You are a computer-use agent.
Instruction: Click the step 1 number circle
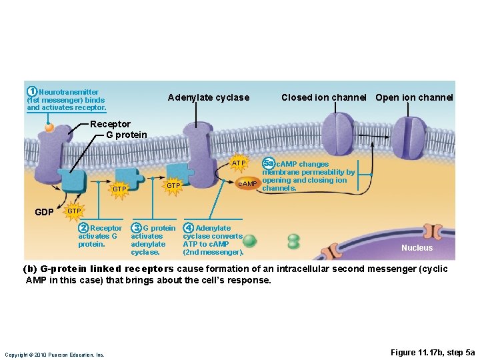(x=31, y=91)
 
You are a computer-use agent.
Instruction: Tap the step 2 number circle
(x=83, y=228)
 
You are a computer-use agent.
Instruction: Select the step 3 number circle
(x=136, y=228)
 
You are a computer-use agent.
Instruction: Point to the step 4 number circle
(x=189, y=228)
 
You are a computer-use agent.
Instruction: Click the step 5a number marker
(x=268, y=163)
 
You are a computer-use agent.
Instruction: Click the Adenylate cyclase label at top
(x=208, y=97)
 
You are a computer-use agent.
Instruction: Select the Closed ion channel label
(x=323, y=97)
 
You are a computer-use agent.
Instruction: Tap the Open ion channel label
(x=414, y=97)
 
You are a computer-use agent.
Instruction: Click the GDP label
(x=44, y=212)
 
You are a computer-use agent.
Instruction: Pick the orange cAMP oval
(x=247, y=183)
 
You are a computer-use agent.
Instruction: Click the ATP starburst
(x=239, y=163)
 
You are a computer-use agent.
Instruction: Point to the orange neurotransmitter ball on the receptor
(x=49, y=127)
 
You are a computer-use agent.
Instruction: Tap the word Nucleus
(x=417, y=248)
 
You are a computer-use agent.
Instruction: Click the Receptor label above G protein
(x=110, y=124)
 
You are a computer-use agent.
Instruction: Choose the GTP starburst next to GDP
(x=74, y=211)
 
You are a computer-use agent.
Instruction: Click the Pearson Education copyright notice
(x=55, y=355)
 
